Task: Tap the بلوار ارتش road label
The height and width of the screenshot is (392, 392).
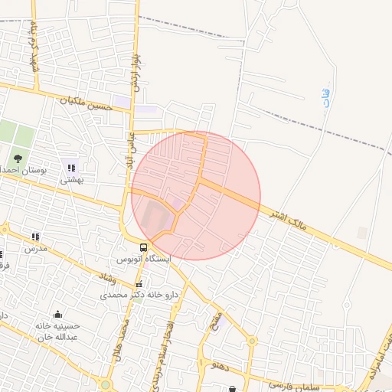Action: point(136,70)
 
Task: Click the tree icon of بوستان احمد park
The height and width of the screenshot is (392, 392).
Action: point(18,158)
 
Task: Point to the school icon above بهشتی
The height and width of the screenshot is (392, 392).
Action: point(71,168)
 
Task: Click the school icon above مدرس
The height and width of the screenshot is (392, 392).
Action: point(34,237)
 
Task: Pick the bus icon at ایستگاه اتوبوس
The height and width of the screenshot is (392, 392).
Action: point(144,246)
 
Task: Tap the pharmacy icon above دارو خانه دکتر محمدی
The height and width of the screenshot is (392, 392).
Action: point(138,283)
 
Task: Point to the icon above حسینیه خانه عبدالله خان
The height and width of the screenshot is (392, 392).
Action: point(57,314)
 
